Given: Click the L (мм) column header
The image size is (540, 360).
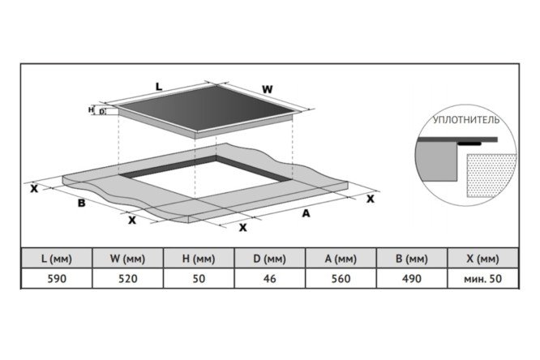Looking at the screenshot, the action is coord(57,259).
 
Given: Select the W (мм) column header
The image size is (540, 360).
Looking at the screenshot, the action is coord(128,259).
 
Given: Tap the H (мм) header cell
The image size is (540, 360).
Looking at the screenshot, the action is coord(199,259).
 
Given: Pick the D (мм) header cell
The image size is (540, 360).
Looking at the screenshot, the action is coord(270,259).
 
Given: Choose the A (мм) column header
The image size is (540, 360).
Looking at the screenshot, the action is coord(341,259).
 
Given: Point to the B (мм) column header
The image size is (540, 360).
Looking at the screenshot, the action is coord(412,259).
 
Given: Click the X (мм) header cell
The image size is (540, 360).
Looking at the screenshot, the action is coord(482,259).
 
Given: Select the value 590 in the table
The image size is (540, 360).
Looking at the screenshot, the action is coord(57,278).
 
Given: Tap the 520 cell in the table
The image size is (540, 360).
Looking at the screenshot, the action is coord(128,278).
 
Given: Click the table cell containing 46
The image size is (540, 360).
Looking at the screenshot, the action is coord(270,278).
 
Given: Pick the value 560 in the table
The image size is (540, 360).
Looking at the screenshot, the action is coord(341,278).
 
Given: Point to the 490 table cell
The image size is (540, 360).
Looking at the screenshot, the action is coord(412,278).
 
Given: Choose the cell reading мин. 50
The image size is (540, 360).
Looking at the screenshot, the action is coord(482,278).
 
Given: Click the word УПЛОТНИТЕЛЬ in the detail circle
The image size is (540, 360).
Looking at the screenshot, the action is coord(466,120).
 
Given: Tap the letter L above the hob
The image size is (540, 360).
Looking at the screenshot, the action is coord(159,87).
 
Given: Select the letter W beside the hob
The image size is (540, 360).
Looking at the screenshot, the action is coord(268,89).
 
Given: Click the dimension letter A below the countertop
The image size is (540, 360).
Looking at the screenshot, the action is coord(306,213).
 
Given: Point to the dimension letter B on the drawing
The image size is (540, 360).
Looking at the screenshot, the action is coord(81,203).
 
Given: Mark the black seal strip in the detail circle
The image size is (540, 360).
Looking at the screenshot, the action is coord(469,143).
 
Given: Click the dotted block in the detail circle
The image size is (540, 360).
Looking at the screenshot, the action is coord(491,175).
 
